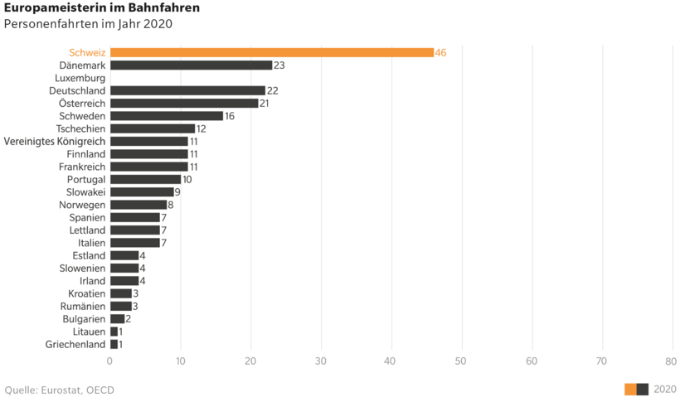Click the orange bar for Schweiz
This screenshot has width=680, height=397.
point(271,52)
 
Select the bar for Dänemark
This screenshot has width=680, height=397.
point(191,65)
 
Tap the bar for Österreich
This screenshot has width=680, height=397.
point(183,103)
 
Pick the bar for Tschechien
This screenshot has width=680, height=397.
point(152,128)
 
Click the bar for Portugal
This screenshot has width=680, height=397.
point(145,179)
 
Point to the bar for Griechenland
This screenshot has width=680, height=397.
point(114,344)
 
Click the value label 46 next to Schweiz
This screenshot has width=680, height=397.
point(440,52)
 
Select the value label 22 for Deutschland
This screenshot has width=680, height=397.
point(272,90)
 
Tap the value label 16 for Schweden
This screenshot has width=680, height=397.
point(230,116)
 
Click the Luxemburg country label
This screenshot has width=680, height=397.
point(80,78)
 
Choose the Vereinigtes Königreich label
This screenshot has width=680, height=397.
point(55,141)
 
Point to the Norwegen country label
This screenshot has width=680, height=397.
point(82,205)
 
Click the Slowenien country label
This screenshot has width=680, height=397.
point(82,269)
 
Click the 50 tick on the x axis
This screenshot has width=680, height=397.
point(461,361)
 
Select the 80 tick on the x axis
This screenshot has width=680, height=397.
point(671,361)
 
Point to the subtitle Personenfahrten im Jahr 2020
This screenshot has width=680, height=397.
point(88,23)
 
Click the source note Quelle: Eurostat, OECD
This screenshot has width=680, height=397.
point(60,390)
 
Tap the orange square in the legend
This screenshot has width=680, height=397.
point(630,390)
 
